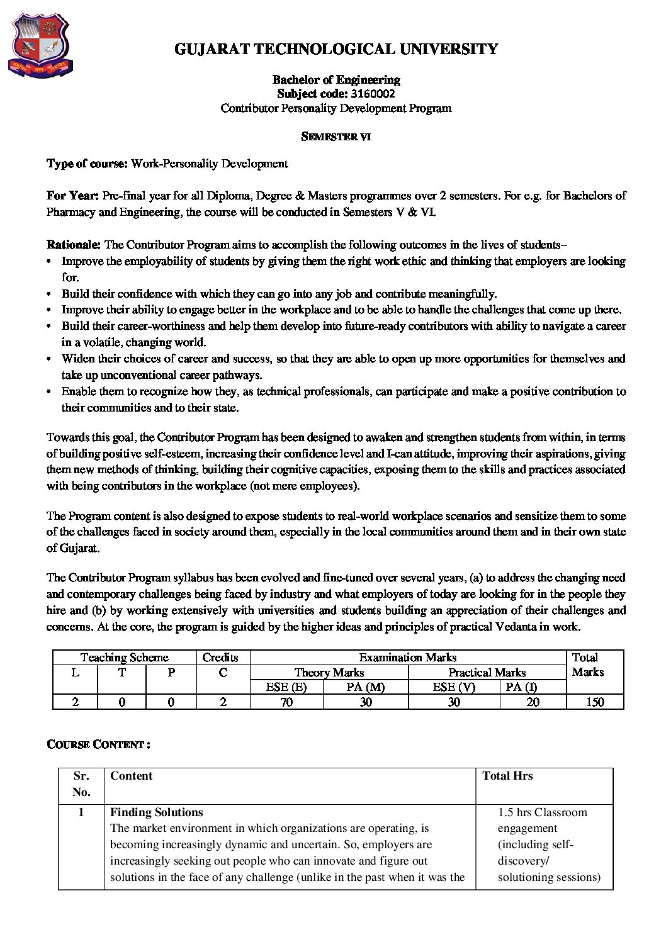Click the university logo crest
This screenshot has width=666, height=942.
tap(39, 45)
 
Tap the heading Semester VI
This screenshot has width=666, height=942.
tap(336, 137)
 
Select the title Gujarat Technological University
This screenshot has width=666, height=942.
tap(336, 49)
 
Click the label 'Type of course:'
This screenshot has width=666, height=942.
tap(87, 164)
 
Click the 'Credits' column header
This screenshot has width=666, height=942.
tap(220, 658)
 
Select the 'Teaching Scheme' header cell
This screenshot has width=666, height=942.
tap(124, 658)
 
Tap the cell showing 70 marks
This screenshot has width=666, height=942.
tap(286, 702)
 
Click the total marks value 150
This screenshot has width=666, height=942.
tap(594, 702)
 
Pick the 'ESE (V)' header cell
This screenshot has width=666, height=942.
tap(453, 687)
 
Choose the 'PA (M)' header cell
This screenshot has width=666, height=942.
tap(365, 687)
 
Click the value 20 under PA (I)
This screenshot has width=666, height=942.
tap(533, 702)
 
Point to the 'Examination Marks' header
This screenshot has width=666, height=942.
tap(407, 658)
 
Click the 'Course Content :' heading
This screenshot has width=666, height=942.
tap(98, 744)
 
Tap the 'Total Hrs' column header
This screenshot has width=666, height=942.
tap(507, 776)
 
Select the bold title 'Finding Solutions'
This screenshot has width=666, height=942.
tap(156, 812)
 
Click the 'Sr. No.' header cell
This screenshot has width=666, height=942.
tap(81, 784)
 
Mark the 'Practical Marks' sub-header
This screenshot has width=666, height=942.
tap(487, 673)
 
